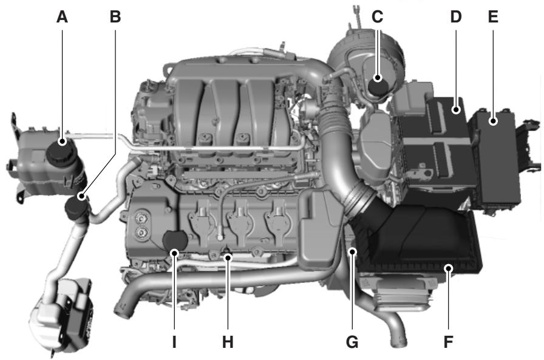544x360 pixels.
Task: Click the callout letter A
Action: [62, 18]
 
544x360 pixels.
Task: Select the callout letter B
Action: [115, 18]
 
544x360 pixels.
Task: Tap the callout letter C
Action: [378, 18]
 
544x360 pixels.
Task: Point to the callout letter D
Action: [456, 18]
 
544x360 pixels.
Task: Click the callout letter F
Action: [448, 342]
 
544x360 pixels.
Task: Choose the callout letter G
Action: [352, 342]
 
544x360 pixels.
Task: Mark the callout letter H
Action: [228, 342]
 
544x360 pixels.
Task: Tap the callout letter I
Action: [174, 342]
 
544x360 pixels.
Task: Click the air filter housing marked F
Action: [425, 243]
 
